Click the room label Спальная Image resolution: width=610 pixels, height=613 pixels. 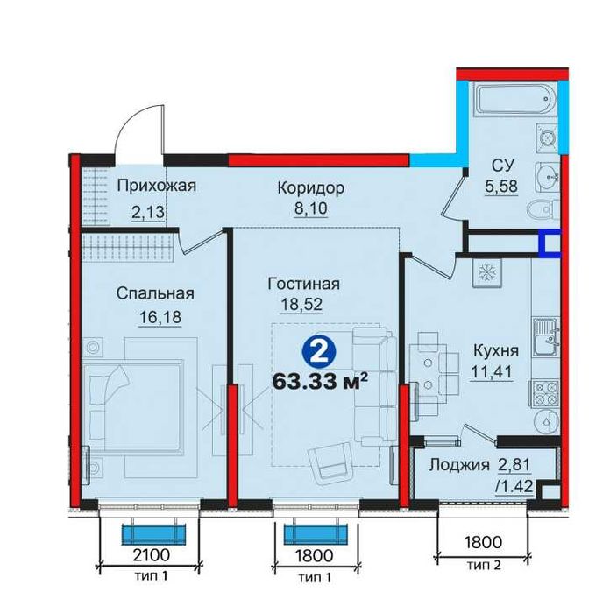(x=155, y=293)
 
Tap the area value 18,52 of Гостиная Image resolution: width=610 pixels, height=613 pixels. (x=301, y=304)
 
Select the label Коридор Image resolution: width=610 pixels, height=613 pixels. (x=310, y=188)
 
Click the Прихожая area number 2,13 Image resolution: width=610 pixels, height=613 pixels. (x=147, y=213)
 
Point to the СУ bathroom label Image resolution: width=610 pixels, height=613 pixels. (x=503, y=166)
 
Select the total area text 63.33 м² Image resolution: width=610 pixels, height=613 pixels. (x=320, y=381)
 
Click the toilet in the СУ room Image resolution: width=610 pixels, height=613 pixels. (x=544, y=209)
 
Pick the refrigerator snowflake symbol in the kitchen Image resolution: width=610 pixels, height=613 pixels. (x=486, y=272)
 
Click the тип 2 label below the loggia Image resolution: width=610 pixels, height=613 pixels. (x=484, y=566)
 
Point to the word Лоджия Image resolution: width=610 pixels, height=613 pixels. (x=459, y=465)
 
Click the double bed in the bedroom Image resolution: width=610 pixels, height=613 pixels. (x=133, y=406)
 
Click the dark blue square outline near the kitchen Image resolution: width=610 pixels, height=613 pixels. (x=550, y=243)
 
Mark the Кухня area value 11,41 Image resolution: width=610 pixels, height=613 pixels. (x=492, y=371)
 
